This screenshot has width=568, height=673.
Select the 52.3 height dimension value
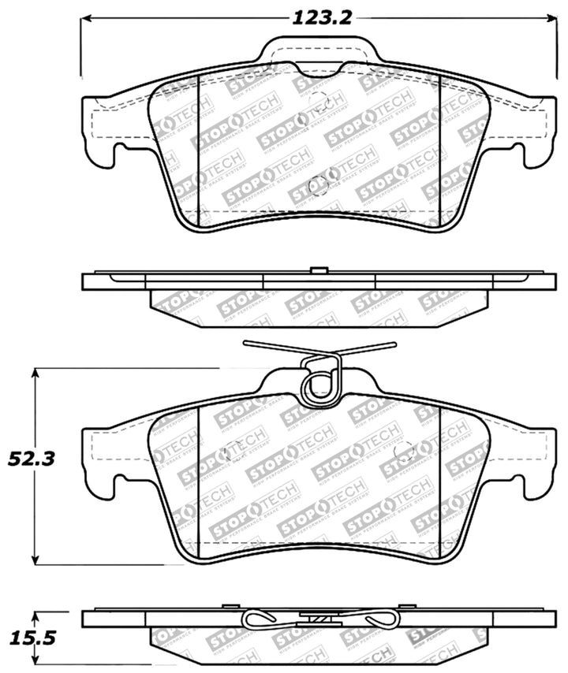[x=26, y=458]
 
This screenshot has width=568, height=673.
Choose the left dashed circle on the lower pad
[x=233, y=451]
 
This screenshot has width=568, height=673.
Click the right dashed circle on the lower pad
[x=404, y=452]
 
